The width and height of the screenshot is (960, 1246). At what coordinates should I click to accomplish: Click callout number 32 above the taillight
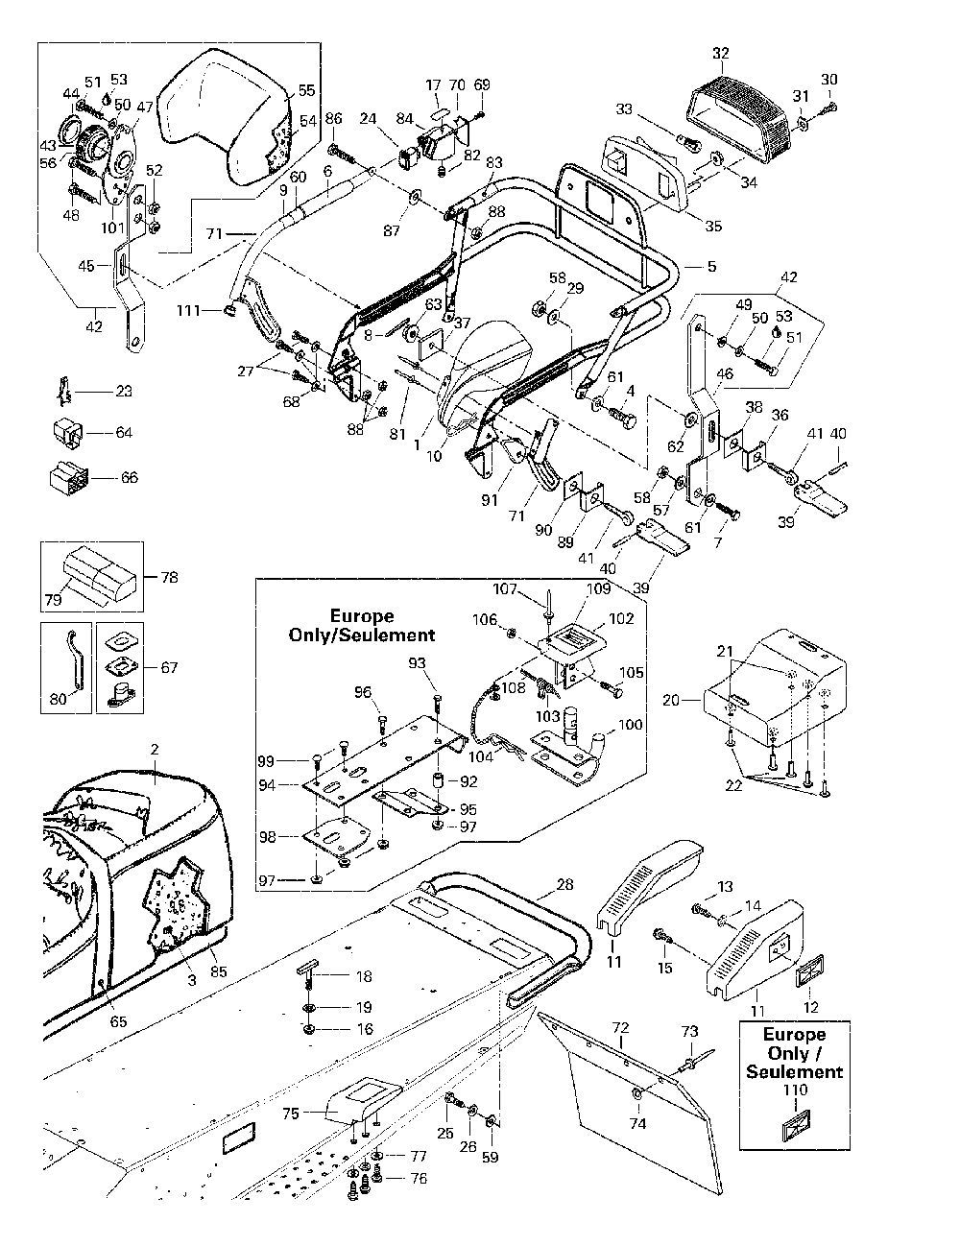click(721, 52)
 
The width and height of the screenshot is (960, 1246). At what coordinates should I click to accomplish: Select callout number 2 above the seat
click(155, 748)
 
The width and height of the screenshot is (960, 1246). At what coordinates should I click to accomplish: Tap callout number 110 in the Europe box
click(796, 1090)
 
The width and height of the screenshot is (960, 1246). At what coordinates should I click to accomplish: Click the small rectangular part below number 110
click(796, 1126)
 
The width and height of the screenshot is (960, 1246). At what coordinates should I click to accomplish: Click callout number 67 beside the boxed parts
click(170, 667)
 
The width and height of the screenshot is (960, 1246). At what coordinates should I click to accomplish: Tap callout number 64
click(123, 433)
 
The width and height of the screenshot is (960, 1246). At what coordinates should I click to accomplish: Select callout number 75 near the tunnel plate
click(291, 1113)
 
